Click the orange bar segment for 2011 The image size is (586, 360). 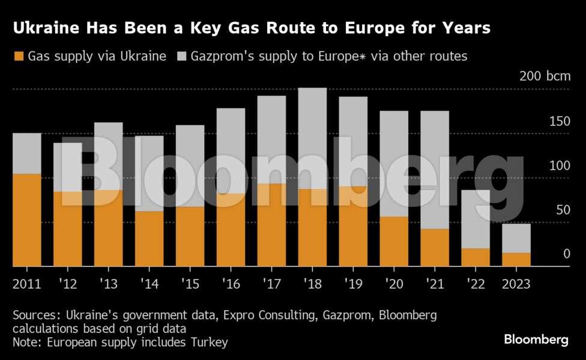27,220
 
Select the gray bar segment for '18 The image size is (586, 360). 312,138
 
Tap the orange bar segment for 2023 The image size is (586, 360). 516,259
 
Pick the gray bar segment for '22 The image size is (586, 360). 476,219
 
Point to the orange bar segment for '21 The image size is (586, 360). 435,247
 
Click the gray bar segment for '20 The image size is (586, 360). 394,163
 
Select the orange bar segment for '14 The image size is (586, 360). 149,238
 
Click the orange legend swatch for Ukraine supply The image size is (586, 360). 18,56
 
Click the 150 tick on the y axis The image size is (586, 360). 561,122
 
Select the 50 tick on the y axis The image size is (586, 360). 563,210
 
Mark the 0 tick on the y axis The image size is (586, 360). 566,254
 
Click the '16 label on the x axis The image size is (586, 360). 231,283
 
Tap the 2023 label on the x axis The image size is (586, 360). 516,283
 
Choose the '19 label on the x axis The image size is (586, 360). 353,283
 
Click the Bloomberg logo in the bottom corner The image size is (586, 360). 536,340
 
